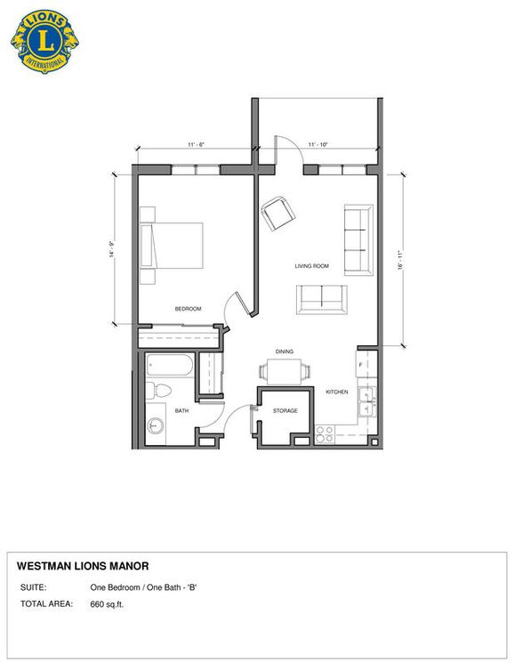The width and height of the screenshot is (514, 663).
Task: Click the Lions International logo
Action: click(x=40, y=40)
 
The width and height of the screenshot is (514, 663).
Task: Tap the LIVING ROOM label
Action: click(x=313, y=266)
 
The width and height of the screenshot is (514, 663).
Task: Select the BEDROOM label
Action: click(x=188, y=309)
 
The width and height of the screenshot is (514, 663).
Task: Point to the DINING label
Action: click(x=285, y=352)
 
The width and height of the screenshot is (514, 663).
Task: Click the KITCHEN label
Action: click(x=336, y=392)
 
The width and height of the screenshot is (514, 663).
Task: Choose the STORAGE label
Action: click(x=285, y=411)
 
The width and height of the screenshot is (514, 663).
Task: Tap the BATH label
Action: click(x=181, y=411)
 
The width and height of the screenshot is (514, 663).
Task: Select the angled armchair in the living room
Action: click(x=279, y=214)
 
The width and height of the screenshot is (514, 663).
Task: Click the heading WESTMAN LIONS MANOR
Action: click(x=83, y=566)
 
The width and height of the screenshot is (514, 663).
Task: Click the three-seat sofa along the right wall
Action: click(x=357, y=240)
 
